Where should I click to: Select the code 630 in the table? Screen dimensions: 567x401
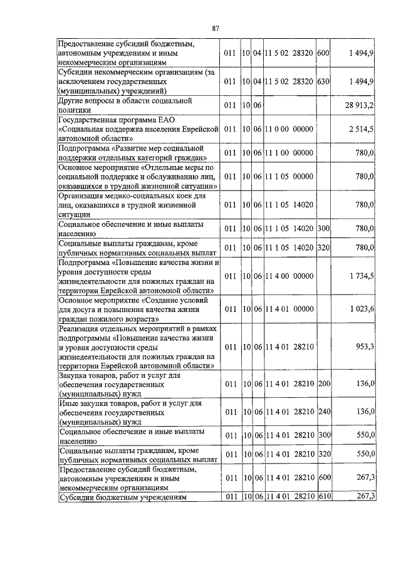click(x=323, y=82)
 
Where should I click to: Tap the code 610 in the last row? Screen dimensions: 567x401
click(x=323, y=496)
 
